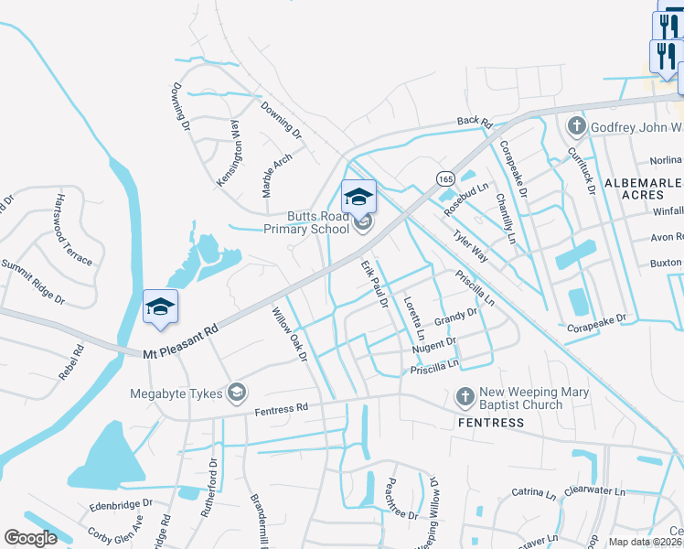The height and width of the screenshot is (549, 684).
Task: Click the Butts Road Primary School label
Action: click(x=305, y=223)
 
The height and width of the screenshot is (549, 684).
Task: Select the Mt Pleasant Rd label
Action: click(x=181, y=340)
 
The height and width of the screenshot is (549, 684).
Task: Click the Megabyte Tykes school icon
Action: click(x=237, y=393)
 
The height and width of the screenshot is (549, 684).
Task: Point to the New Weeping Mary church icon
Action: click(x=465, y=397)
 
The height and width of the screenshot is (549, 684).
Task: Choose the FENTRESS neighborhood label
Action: click(x=490, y=423)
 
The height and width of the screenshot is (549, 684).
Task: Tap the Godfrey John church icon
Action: click(x=576, y=125)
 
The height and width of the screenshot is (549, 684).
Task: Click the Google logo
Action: click(x=31, y=537)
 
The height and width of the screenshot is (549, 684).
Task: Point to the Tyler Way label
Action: click(x=470, y=247)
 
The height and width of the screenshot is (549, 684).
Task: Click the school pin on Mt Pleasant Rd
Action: click(x=160, y=308)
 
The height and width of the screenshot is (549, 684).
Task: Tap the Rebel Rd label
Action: click(x=70, y=361)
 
